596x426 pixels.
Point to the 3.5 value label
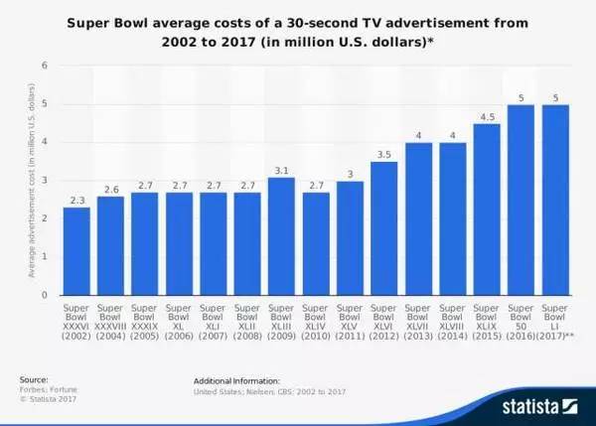(x=384, y=153)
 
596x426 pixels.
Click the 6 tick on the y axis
(x=45, y=66)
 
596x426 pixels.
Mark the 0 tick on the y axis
(x=45, y=295)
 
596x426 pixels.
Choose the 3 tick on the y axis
(x=45, y=181)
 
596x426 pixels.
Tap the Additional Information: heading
(x=237, y=379)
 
